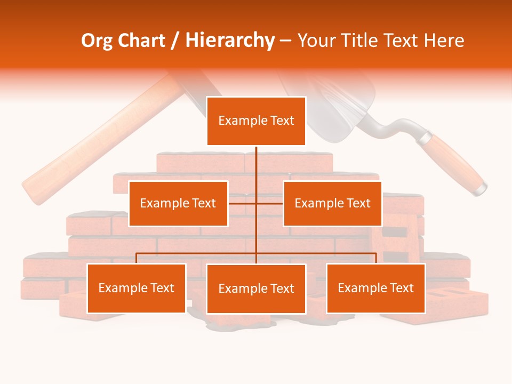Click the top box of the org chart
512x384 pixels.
tap(256, 121)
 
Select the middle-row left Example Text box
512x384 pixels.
tap(178, 203)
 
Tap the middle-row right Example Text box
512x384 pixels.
tap(332, 203)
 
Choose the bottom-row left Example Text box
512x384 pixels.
tap(137, 288)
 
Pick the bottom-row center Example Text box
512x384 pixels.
tap(256, 289)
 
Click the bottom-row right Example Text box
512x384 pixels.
tap(375, 288)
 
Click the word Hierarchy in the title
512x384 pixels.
tap(229, 41)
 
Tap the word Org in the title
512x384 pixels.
tap(97, 41)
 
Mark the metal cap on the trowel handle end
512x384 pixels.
tap(481, 189)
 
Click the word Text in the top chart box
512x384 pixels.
tap(282, 121)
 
